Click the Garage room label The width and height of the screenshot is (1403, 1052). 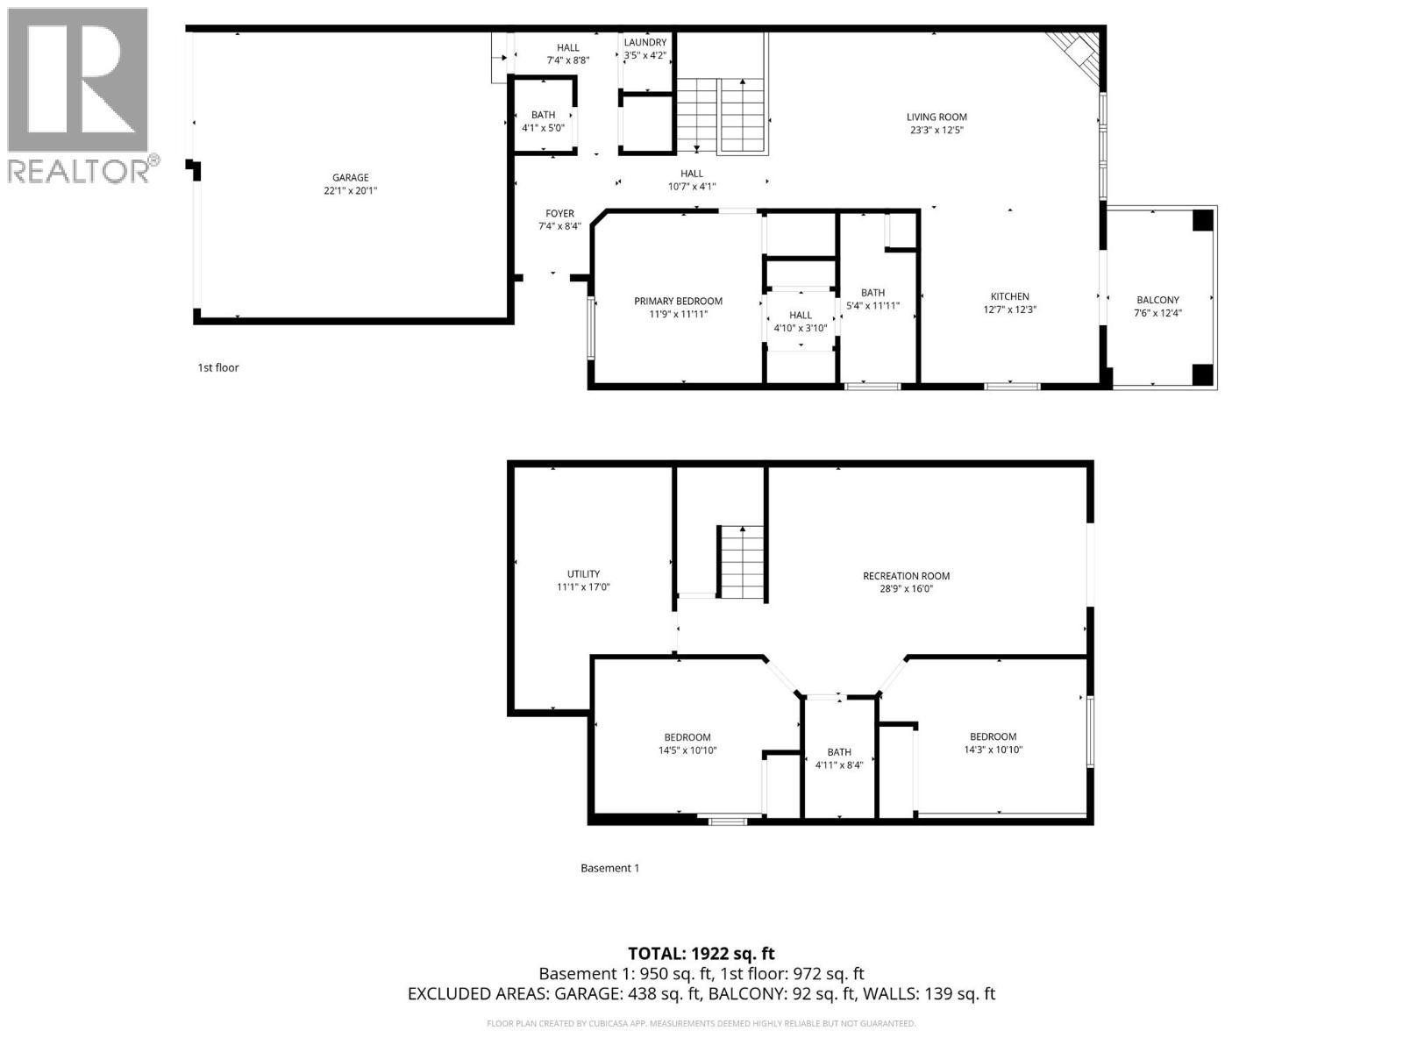pyautogui.click(x=350, y=178)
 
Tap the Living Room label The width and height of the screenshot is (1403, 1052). pyautogui.click(x=937, y=117)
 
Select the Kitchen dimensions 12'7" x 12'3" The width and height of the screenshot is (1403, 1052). pyautogui.click(x=1010, y=309)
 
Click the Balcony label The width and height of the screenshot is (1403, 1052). pyautogui.click(x=1157, y=300)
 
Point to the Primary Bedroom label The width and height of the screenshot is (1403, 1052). pyautogui.click(x=678, y=302)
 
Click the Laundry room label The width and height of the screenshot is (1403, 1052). pyautogui.click(x=645, y=43)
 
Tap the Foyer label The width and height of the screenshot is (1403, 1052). pyautogui.click(x=559, y=214)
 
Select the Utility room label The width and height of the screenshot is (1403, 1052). pyautogui.click(x=583, y=574)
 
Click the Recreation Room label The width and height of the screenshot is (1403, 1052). pyautogui.click(x=906, y=576)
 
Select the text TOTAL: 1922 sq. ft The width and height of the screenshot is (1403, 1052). pyautogui.click(x=701, y=954)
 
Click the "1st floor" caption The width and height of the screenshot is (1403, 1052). pyautogui.click(x=217, y=368)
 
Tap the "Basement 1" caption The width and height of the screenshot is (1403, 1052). pyautogui.click(x=609, y=869)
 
